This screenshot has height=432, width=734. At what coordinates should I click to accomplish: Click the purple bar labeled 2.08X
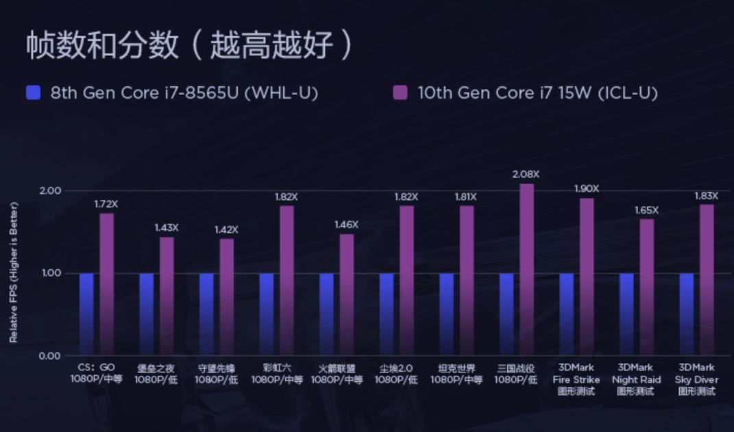tap(526, 270)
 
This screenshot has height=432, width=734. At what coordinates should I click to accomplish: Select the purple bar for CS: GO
tap(107, 284)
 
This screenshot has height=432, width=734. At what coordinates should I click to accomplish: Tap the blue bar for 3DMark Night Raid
tap(626, 314)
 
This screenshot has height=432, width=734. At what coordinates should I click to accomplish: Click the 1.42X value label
tap(226, 229)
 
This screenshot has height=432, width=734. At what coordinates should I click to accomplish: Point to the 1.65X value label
tap(646, 210)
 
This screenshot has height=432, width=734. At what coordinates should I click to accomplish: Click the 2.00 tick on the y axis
tap(50, 190)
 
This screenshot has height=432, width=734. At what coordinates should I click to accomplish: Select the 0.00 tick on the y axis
tap(50, 356)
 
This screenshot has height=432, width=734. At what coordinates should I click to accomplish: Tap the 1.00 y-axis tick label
tap(50, 273)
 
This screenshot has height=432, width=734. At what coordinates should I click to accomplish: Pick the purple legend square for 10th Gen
tap(400, 93)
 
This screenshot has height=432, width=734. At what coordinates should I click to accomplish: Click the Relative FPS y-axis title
tap(14, 272)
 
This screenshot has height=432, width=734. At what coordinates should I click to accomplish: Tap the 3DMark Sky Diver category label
tap(696, 379)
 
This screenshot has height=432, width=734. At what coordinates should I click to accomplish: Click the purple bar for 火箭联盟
tap(347, 295)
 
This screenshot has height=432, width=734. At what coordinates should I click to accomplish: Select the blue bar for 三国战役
tap(506, 314)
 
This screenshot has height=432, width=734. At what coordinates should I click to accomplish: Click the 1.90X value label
tap(587, 188)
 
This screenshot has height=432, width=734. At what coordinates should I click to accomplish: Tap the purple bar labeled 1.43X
tap(167, 296)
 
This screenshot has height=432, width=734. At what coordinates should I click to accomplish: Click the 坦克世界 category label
tap(456, 373)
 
